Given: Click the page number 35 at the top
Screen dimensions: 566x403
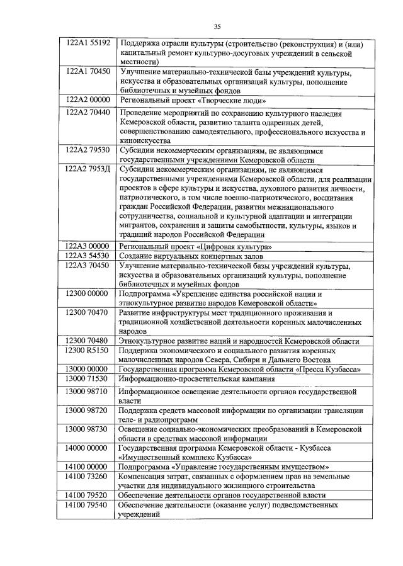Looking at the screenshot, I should (x=217, y=26).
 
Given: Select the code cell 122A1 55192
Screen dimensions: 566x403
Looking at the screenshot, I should (x=88, y=43).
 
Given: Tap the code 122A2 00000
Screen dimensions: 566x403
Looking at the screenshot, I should (x=88, y=100).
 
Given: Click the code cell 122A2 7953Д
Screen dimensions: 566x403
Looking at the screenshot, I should (x=88, y=169).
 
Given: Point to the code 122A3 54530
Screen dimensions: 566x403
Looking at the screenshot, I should (x=88, y=256).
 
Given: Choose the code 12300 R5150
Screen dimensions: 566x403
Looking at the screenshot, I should (x=88, y=349).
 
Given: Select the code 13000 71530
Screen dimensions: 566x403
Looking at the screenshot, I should (x=88, y=378).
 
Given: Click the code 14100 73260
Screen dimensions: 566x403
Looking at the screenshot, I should (x=88, y=477).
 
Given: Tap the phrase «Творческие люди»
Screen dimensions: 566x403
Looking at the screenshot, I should (x=221, y=100).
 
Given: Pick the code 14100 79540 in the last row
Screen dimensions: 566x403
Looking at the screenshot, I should (x=88, y=506).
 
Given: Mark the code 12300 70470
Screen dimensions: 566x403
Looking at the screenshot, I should (x=88, y=313).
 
